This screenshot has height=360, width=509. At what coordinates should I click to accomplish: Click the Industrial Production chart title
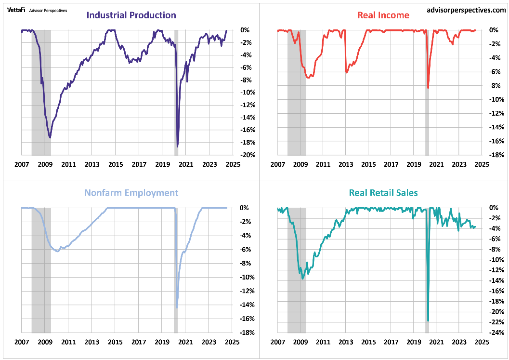[x=131, y=15]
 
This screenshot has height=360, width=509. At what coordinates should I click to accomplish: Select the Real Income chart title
[x=383, y=15]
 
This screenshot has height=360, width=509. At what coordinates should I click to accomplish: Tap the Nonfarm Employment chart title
[x=131, y=193]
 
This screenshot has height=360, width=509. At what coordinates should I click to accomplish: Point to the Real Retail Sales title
[x=383, y=193]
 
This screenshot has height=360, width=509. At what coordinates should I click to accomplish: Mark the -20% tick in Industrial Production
[x=245, y=155]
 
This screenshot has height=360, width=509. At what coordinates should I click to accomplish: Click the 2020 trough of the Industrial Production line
[x=178, y=147]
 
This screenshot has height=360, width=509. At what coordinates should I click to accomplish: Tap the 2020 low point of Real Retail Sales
[x=428, y=320]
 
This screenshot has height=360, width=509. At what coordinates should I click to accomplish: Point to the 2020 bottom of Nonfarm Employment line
[x=177, y=307]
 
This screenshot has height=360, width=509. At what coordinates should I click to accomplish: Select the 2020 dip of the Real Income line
[x=428, y=88]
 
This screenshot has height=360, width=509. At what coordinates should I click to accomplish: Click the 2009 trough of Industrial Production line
[x=50, y=138]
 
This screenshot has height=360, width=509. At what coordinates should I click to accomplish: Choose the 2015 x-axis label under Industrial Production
[x=115, y=164]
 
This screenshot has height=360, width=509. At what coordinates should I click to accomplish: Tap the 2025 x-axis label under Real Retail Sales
[x=482, y=342]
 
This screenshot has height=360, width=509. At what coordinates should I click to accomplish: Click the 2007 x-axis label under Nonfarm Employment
[x=21, y=342]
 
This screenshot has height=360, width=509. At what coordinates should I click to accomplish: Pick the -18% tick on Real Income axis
[x=497, y=155]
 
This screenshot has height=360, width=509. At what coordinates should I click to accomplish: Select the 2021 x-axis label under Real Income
[x=437, y=164]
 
